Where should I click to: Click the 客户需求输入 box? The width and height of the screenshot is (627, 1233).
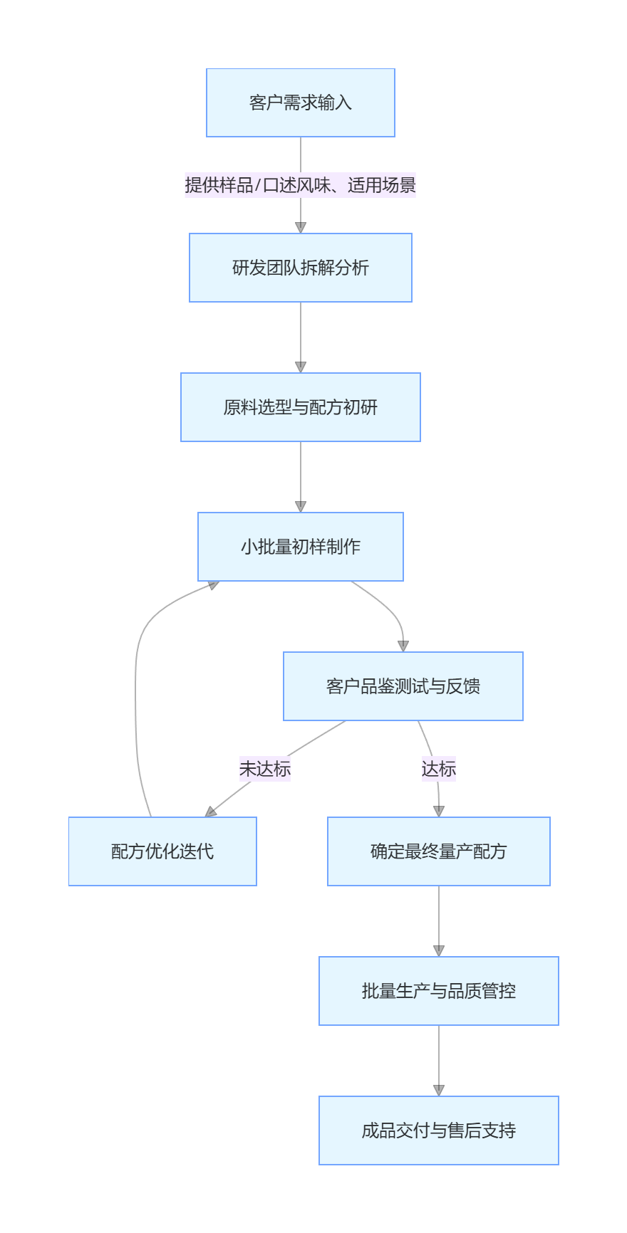pyautogui.click(x=300, y=103)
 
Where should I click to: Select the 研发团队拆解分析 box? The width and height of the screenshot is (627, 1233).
pyautogui.click(x=300, y=268)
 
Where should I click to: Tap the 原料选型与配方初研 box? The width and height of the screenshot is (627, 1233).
pyautogui.click(x=300, y=407)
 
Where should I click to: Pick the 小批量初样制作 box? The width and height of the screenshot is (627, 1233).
pyautogui.click(x=300, y=547)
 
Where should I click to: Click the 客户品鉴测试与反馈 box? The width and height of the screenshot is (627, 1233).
pyautogui.click(x=403, y=686)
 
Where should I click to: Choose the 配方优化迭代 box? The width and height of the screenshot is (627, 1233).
pyautogui.click(x=162, y=851)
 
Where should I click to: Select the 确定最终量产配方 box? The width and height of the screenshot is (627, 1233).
pyautogui.click(x=438, y=851)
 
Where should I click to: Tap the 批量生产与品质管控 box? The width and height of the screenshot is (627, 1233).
pyautogui.click(x=438, y=991)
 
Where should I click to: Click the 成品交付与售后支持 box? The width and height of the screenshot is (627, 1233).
pyautogui.click(x=438, y=1130)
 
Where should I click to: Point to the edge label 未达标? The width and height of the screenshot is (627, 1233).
pyautogui.click(x=264, y=769)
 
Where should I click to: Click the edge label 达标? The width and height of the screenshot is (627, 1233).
pyautogui.click(x=438, y=769)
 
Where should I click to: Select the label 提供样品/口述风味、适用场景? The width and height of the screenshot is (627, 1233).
pyautogui.click(x=300, y=185)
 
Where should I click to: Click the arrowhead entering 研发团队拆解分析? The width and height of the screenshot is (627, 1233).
pyautogui.click(x=301, y=228)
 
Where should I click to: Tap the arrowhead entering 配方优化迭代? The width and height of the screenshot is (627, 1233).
pyautogui.click(x=210, y=812)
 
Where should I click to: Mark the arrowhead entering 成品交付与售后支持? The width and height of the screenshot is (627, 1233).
pyautogui.click(x=439, y=1091)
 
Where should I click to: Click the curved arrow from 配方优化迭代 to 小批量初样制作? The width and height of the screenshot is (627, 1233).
pyautogui.click(x=135, y=698)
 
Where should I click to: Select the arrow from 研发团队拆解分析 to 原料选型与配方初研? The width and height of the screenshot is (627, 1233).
pyautogui.click(x=301, y=335)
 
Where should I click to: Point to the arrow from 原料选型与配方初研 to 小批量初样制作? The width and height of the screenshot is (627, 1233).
pyautogui.click(x=301, y=473)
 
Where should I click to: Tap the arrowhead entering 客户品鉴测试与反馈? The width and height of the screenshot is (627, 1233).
pyautogui.click(x=403, y=646)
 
